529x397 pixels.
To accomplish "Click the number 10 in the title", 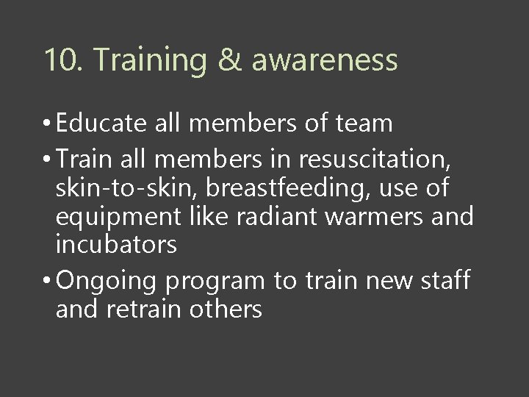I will coord(60,60).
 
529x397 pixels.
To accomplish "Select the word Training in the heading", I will coord(150,60).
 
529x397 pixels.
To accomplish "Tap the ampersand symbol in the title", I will coord(231,60).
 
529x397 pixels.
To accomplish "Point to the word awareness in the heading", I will coord(325,60).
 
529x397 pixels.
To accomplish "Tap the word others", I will coord(226,309).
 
